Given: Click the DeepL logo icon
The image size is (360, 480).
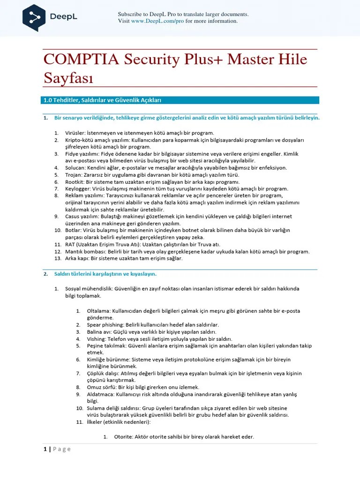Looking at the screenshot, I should point(34,17).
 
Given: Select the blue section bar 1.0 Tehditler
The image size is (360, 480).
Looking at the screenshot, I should point(180,100).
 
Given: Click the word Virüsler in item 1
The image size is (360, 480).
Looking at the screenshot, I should point(75,133).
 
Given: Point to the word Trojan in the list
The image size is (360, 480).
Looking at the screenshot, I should point(74,174).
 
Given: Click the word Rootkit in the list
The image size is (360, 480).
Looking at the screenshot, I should point(74,181).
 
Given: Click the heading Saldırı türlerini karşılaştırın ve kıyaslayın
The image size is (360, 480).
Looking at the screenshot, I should point(105,274).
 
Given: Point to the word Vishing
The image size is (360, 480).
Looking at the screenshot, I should point(96,338).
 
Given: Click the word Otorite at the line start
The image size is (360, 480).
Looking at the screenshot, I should point(123,436).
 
